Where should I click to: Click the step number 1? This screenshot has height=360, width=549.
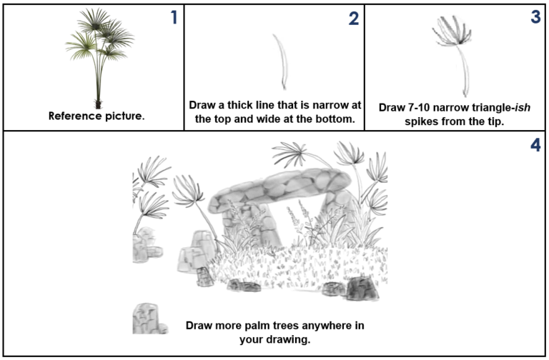click(x=174, y=18)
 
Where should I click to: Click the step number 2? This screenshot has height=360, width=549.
click(x=353, y=19)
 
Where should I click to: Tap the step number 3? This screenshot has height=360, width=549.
click(x=535, y=18)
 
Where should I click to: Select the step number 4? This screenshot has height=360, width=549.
click(x=535, y=145)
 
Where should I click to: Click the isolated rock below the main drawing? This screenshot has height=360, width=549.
click(x=147, y=318)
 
